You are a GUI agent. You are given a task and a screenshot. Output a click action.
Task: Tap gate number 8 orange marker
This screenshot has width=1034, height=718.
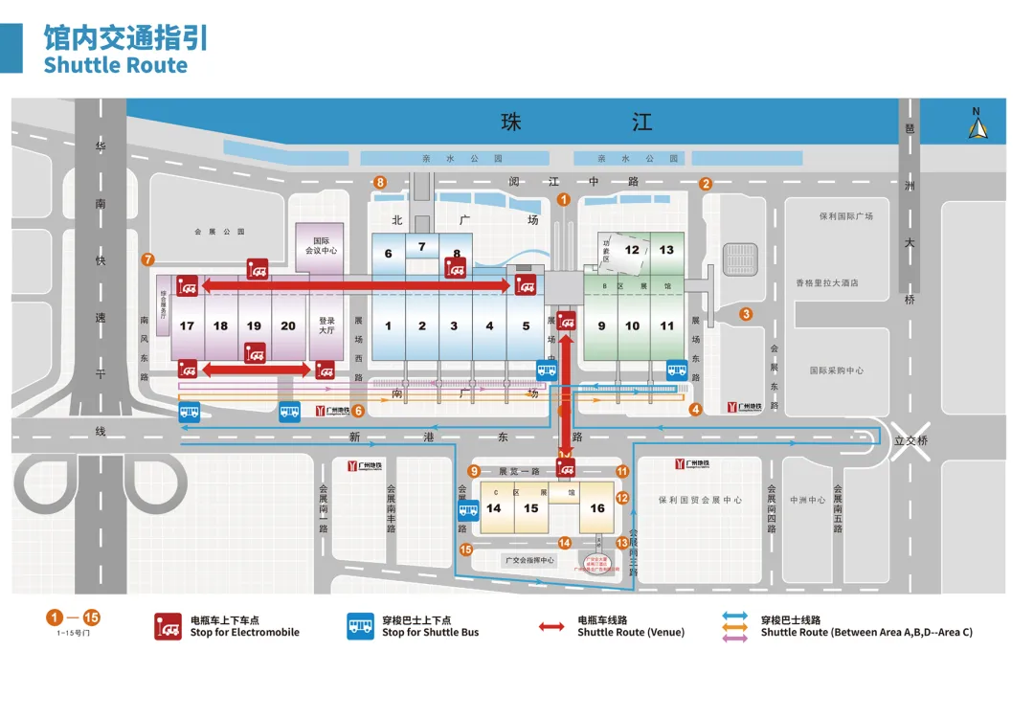tap(380, 182)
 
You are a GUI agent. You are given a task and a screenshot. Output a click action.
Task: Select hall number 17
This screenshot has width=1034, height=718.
tap(187, 325)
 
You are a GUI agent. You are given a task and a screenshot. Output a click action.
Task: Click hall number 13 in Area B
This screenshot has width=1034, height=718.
tap(666, 250)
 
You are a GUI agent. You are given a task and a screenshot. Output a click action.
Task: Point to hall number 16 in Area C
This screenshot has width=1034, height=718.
tap(597, 508)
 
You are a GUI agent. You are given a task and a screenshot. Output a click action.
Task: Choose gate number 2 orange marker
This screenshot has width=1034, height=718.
tap(706, 184)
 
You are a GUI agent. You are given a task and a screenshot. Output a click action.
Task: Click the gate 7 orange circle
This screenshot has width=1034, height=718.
tap(147, 258)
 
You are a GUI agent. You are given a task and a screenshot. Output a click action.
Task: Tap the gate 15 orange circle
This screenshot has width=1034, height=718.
tap(466, 550)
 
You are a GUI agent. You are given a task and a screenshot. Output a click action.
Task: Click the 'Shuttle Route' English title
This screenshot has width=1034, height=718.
tap(115, 65)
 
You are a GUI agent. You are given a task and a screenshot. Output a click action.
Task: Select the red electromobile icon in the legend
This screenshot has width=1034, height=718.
tap(169, 626)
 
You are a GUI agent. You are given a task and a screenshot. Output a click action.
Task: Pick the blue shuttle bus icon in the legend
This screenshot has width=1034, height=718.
tap(361, 626)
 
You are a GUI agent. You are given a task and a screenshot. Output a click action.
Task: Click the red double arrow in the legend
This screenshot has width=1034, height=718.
tap(551, 627)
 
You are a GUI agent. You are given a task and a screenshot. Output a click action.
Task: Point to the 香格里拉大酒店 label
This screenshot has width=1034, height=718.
tap(826, 283)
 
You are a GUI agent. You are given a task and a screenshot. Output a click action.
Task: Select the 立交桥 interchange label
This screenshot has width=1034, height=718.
tap(912, 440)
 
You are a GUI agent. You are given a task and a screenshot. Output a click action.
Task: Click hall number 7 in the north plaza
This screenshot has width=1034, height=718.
tap(421, 246)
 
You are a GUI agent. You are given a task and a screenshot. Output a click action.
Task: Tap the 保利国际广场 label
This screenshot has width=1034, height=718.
tap(845, 216)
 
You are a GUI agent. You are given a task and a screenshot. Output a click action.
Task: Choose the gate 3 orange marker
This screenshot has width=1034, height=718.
tap(746, 313)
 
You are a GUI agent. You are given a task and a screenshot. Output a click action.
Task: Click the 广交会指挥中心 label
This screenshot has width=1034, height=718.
tap(528, 560)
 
